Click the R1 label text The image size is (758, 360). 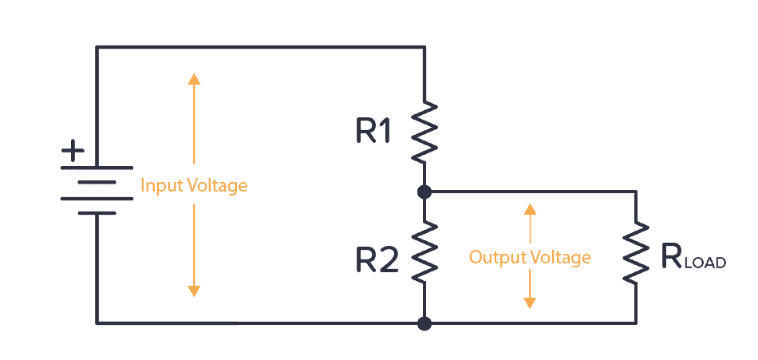point(373,133)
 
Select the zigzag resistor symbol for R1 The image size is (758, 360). point(424,132)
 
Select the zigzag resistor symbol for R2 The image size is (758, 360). point(424,251)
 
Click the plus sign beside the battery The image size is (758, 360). point(73,149)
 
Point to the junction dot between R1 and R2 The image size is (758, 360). point(424,192)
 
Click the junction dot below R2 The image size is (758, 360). point(424,323)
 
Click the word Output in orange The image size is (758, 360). point(492,258)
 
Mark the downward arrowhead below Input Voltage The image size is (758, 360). point(193,291)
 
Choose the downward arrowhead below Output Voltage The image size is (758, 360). point(530,303)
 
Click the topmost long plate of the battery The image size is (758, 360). point(97,168)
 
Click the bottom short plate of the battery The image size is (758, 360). point(97,213)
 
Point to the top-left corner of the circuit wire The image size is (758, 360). point(97,48)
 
